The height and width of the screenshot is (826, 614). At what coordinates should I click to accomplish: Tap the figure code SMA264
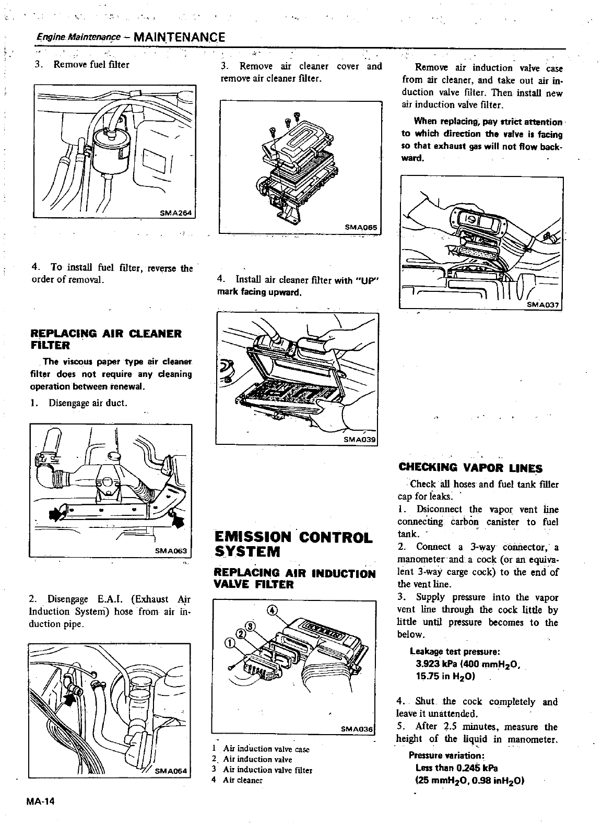point(176,211)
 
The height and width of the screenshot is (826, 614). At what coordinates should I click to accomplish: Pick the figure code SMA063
point(173,551)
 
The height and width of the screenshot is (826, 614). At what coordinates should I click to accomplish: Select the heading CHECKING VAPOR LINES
point(470,468)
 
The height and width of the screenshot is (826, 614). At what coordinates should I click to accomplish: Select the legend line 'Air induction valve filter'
point(267,770)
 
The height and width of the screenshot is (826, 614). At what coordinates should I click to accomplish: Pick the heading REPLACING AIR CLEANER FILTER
point(106,339)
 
